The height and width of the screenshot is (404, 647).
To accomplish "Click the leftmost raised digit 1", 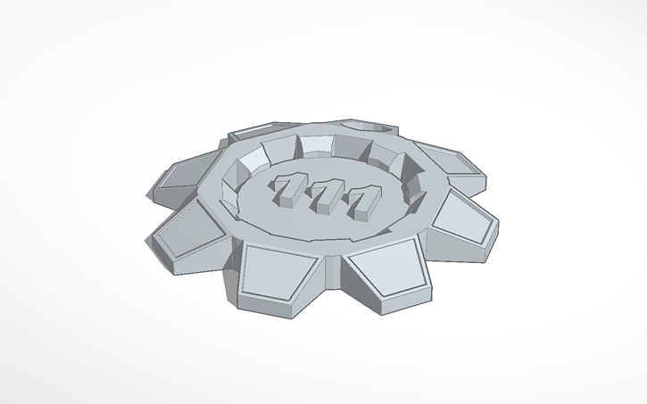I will click(287, 189).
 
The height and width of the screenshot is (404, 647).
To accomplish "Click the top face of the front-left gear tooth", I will click(275, 269).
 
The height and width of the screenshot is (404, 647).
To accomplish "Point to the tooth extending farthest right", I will click(464, 221).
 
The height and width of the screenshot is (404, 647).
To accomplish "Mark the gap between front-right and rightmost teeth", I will click(427, 247).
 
